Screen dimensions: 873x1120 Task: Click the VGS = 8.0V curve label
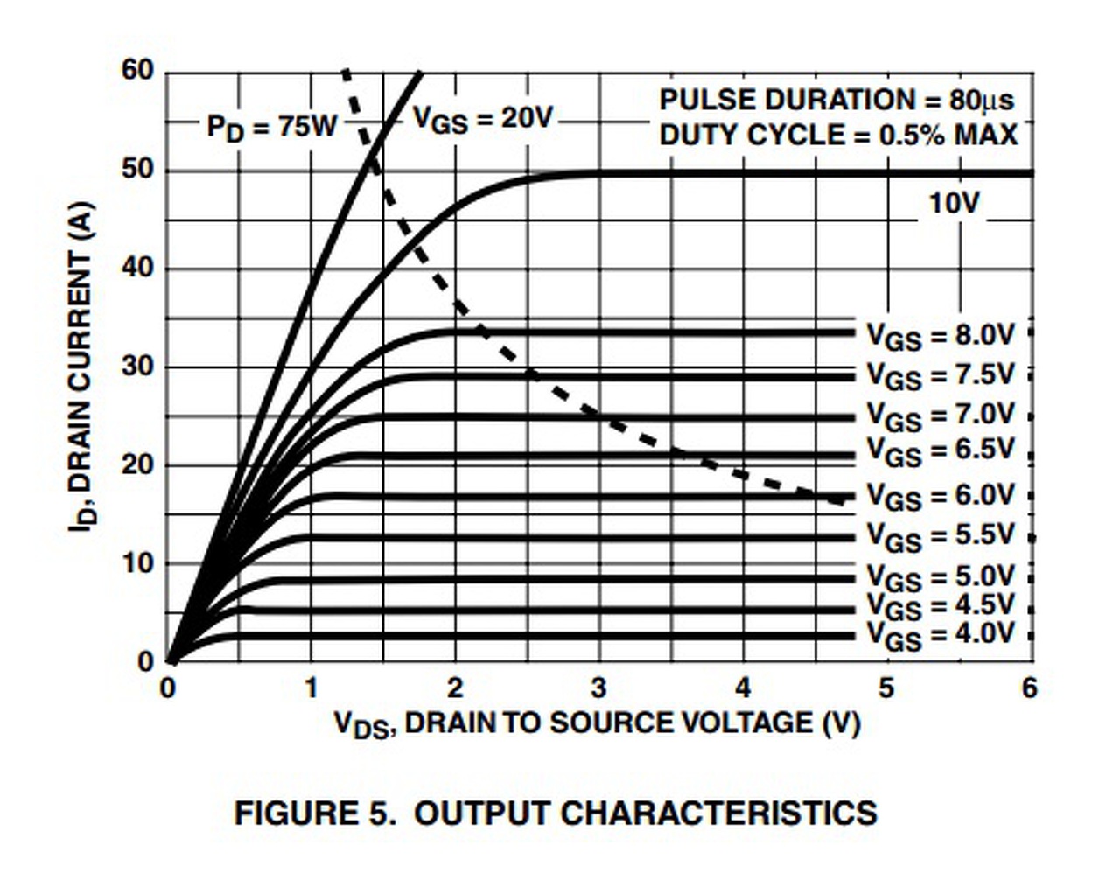pos(940,335)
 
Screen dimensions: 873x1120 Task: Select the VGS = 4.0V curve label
pos(940,634)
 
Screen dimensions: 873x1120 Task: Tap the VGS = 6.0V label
pos(940,496)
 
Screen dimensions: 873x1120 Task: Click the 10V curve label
pos(954,203)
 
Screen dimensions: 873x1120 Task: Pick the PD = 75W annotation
pos(271,128)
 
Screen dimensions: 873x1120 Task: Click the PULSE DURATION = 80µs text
pos(836,101)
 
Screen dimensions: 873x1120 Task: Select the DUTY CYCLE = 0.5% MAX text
pos(838,136)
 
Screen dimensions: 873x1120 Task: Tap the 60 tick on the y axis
pos(138,70)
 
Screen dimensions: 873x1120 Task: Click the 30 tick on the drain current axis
pos(138,366)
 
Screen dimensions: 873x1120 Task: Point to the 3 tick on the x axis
pos(598,688)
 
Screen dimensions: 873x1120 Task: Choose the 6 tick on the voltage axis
pos(1030,688)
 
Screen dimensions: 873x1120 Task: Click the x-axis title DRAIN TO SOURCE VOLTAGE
pos(598,723)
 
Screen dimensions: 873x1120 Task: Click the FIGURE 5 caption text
pos(556,813)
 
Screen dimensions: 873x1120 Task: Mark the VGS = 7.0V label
pos(940,415)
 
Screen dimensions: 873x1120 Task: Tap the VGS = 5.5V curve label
pos(940,535)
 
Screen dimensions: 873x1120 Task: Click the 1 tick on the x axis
pos(311,688)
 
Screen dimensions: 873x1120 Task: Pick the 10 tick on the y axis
pos(138,562)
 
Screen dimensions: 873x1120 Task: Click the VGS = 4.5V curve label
pos(940,605)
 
